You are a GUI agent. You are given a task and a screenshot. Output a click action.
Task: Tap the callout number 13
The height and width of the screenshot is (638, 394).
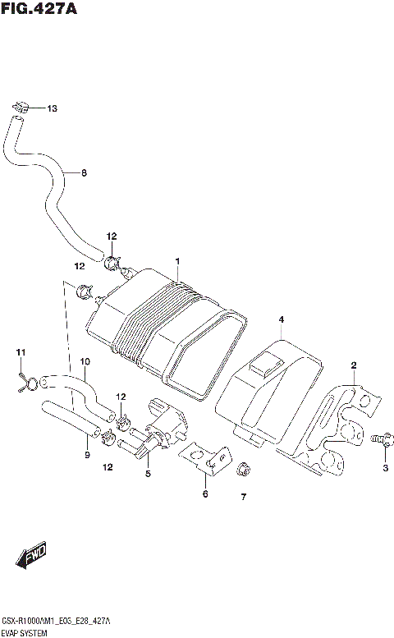tap(53, 108)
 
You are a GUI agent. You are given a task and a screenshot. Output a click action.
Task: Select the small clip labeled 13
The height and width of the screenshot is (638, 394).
tap(23, 106)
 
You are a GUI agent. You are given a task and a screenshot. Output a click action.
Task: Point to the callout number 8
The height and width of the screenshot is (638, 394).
tap(83, 173)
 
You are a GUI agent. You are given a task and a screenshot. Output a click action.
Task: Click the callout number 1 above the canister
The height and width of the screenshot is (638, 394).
tap(176, 261)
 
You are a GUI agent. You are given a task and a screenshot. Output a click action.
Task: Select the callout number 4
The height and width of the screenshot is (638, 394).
tap(280, 319)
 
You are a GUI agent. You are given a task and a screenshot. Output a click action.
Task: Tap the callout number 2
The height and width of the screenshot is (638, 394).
tap(354, 365)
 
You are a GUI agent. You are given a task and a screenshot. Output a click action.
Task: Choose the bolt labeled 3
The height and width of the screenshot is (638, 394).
tap(380, 439)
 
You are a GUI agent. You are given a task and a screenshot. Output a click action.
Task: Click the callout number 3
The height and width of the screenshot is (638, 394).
tap(383, 468)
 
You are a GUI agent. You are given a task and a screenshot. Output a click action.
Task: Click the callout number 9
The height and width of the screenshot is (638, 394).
tap(87, 455)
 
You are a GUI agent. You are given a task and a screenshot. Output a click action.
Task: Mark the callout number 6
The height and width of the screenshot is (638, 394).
tap(205, 494)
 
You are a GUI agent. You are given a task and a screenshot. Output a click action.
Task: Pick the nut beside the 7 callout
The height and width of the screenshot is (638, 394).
tap(243, 470)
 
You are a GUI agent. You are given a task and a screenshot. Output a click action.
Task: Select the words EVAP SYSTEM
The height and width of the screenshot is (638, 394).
tap(25, 633)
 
